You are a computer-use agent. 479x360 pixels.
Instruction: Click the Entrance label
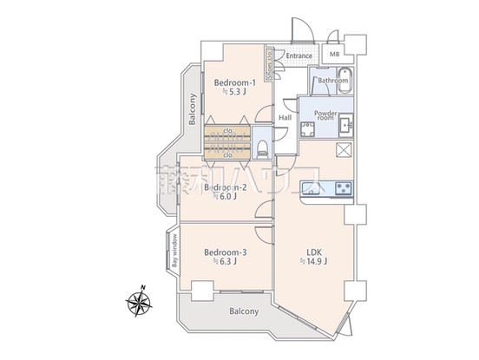299,56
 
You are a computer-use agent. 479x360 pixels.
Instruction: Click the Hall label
285,118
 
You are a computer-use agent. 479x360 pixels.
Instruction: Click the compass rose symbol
139,304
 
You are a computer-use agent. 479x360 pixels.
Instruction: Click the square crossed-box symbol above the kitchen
341,151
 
